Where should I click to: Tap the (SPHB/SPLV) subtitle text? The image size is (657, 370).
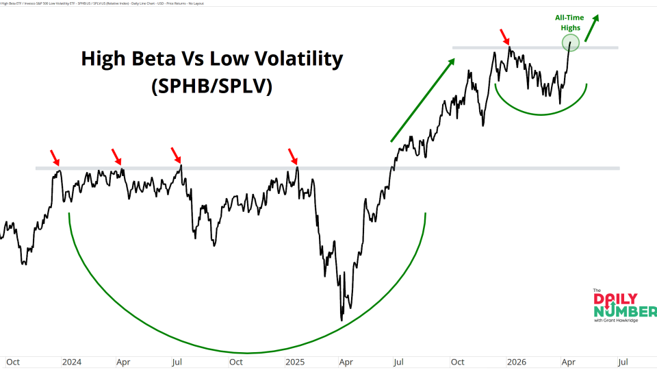tap(211, 87)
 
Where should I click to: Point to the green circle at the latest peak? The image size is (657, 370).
tap(571, 44)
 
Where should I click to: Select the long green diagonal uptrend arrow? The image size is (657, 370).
tap(422, 101)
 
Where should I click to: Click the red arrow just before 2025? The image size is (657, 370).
tap(293, 156)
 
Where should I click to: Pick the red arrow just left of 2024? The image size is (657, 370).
tap(54, 156)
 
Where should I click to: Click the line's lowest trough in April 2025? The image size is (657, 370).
tap(341, 319)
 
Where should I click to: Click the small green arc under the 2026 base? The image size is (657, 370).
tap(541, 113)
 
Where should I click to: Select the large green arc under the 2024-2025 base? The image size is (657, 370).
tap(246, 352)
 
